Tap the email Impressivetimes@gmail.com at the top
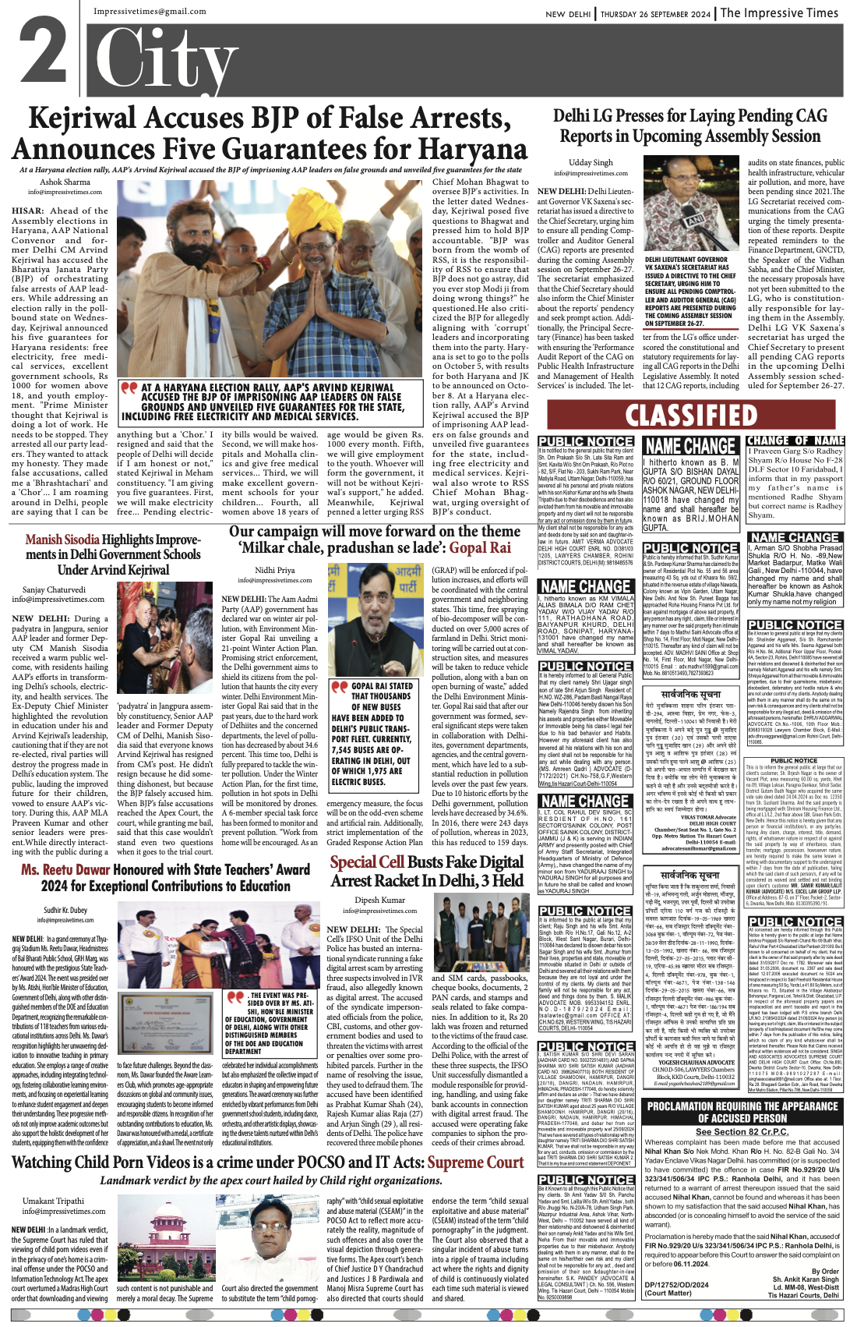[x=150, y=12]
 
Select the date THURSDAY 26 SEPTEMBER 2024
[x=655, y=14]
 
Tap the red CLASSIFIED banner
[x=690, y=415]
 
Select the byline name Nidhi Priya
[x=274, y=570]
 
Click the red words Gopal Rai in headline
[x=479, y=547]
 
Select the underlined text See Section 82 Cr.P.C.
[x=741, y=1131]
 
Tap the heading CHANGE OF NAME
[x=795, y=441]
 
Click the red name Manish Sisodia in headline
[x=62, y=540]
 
